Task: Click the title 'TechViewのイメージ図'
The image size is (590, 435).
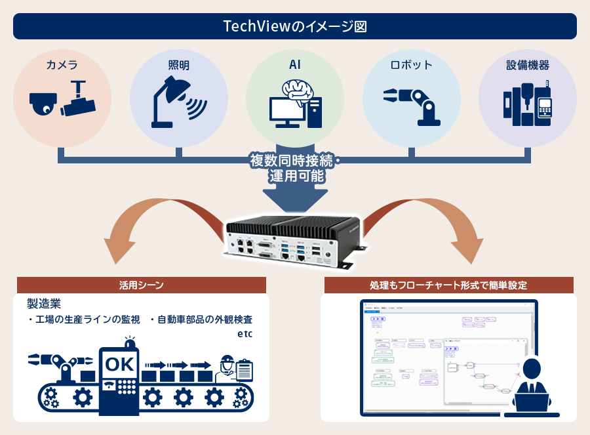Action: click(x=294, y=26)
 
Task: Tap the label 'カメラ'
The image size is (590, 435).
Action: click(x=62, y=65)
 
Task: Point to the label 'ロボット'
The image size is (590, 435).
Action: click(x=411, y=65)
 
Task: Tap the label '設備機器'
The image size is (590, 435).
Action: click(x=527, y=65)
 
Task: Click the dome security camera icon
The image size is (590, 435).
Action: click(x=43, y=102)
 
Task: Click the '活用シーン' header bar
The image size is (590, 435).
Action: click(x=142, y=285)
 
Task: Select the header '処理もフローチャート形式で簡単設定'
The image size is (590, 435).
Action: click(x=448, y=285)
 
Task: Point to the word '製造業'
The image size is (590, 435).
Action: click(x=44, y=304)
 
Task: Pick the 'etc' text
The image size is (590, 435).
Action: click(x=245, y=334)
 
